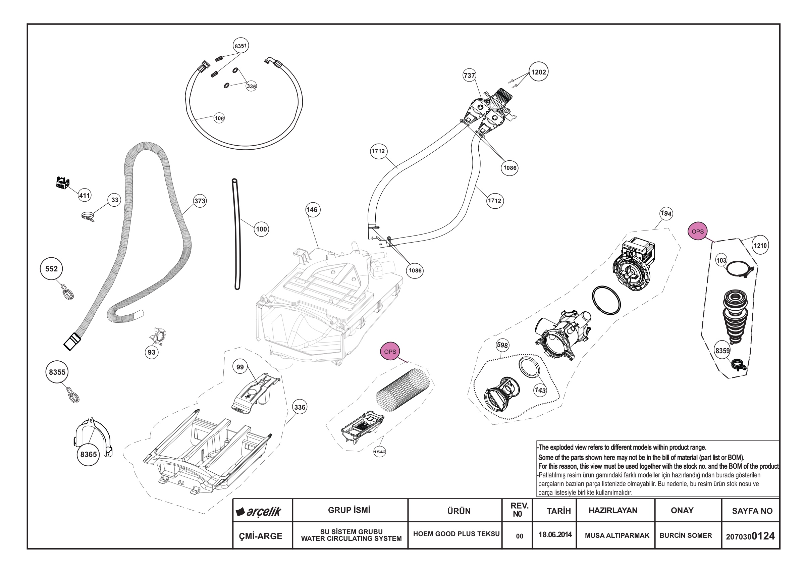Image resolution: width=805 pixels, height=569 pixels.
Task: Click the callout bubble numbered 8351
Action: [x=240, y=46]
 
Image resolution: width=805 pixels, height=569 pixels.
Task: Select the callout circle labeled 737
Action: [x=470, y=75]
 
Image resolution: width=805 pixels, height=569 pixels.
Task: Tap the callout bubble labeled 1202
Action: [x=539, y=72]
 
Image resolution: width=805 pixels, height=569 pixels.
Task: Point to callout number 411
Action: [x=85, y=195]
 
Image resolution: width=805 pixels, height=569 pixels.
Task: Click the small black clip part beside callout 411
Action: [x=63, y=183]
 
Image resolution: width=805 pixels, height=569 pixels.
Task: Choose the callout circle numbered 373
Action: [x=200, y=201]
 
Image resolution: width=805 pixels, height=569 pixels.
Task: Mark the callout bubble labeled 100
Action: [x=261, y=229]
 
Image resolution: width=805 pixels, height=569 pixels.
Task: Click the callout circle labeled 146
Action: [x=312, y=210]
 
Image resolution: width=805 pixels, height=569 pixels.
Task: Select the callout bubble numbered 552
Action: [x=52, y=269]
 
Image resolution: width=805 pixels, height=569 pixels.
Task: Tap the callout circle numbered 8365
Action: [x=88, y=454]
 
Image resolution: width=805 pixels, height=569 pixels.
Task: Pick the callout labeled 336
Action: [x=300, y=407]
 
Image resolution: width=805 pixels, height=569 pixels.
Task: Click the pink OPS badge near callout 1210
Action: [x=697, y=231]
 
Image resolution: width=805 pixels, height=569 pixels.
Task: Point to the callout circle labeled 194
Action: [x=666, y=213]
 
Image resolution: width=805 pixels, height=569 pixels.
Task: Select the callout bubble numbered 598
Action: [x=502, y=345]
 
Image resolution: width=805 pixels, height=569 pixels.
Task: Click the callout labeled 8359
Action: [x=722, y=351]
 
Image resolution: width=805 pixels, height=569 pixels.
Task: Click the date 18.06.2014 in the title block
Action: [x=555, y=535]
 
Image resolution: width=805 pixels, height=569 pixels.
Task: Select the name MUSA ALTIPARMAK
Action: [x=617, y=535]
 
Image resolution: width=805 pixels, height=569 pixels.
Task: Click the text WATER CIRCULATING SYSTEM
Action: [x=351, y=538]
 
